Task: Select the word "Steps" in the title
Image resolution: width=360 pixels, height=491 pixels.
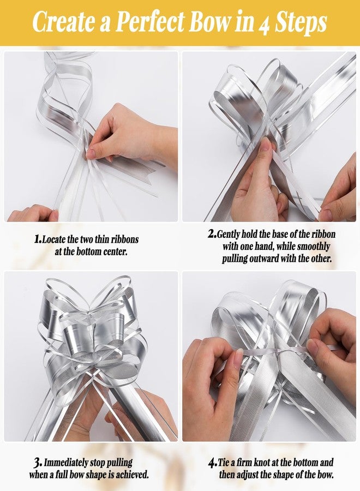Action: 301,23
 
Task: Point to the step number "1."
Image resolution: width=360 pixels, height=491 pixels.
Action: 38,239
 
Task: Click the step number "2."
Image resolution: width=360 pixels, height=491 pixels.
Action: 212,233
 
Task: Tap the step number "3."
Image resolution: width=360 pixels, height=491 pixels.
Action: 38,462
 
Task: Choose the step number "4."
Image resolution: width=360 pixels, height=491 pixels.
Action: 213,463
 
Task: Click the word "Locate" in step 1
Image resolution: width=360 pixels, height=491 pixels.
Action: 53,239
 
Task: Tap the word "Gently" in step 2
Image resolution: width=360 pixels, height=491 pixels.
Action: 228,234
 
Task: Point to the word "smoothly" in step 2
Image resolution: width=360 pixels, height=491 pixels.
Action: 314,247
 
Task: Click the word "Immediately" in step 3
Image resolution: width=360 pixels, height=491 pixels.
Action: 65,463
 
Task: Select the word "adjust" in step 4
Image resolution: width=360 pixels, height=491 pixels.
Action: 247,475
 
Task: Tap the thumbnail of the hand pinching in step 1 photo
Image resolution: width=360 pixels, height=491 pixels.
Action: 91,154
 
